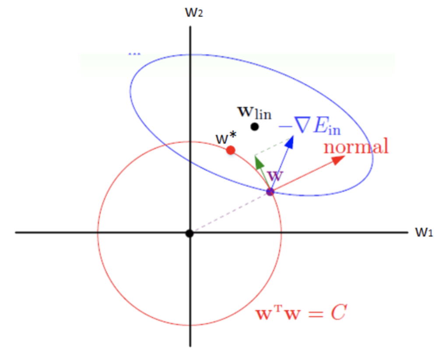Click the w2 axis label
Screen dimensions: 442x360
pyautogui.click(x=194, y=12)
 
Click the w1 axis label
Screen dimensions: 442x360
pyautogui.click(x=423, y=233)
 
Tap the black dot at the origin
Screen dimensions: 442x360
pyautogui.click(x=189, y=233)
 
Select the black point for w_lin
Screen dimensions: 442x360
pyautogui.click(x=255, y=127)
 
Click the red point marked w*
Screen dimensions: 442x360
pyautogui.click(x=231, y=150)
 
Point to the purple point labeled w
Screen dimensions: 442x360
pyautogui.click(x=270, y=191)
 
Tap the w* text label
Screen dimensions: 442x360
pyautogui.click(x=226, y=138)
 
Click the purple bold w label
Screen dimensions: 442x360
pyautogui.click(x=275, y=176)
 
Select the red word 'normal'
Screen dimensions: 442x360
pyautogui.click(x=356, y=146)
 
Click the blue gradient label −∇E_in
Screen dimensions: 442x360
pyautogui.click(x=310, y=128)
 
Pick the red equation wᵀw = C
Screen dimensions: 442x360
pyautogui.click(x=301, y=314)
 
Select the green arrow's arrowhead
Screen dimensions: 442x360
pyautogui.click(x=258, y=162)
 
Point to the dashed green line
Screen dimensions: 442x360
pyautogui.click(x=272, y=147)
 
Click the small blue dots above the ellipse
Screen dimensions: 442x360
pyautogui.click(x=134, y=54)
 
